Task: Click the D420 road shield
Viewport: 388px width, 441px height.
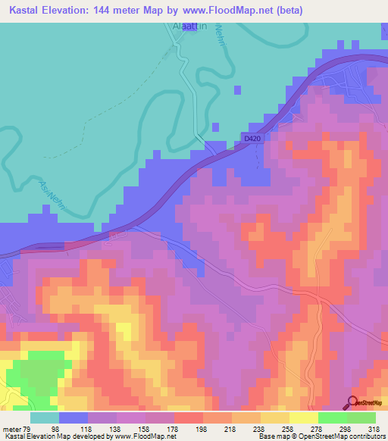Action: [252, 137]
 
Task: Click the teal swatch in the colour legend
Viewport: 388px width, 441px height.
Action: [45, 418]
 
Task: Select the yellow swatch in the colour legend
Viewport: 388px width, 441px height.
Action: [303, 418]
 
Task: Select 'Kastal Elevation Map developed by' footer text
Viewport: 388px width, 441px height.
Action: [49, 437]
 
